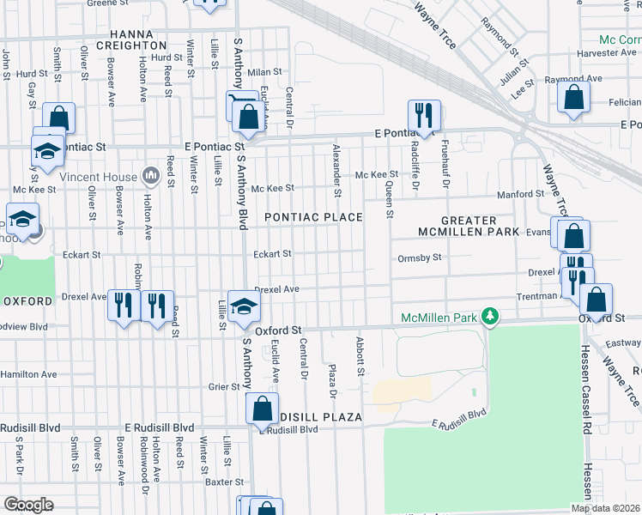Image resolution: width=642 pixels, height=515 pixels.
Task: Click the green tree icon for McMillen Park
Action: pos(490,318)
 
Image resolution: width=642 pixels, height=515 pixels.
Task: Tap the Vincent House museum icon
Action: pos(151,176)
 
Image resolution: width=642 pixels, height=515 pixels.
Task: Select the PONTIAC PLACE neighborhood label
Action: pos(312,217)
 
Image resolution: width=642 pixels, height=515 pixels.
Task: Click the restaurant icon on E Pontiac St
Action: pos(423,115)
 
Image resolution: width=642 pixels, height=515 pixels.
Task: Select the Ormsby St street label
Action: pos(420,257)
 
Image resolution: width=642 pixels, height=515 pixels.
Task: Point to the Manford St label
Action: pos(515,195)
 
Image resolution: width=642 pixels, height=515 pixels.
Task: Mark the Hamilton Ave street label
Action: pos(28,374)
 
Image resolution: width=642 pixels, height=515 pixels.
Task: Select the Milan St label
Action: pos(265,73)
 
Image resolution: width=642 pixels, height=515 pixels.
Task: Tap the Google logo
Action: pos(27,505)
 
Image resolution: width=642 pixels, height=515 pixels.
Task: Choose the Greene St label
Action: pos(107,3)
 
